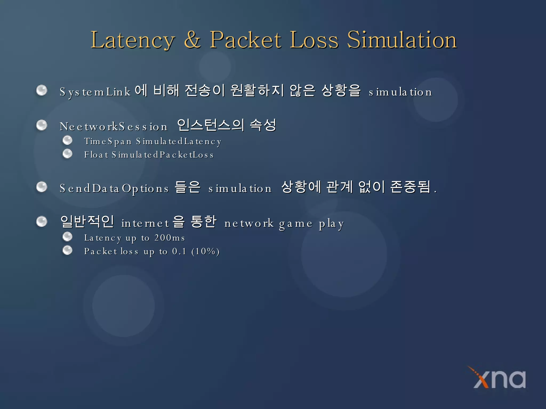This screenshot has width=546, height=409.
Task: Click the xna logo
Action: [499, 378]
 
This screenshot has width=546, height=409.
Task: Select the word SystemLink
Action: [95, 92]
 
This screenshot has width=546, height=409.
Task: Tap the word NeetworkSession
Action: [114, 127]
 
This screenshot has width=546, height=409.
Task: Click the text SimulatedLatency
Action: [179, 141]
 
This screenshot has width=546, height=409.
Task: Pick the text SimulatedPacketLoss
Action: [163, 155]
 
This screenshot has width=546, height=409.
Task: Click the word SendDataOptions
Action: [114, 189]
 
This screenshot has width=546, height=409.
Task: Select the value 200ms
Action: [170, 238]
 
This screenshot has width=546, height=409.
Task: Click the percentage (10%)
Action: [205, 251]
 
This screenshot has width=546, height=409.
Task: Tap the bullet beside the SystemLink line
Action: [42, 90]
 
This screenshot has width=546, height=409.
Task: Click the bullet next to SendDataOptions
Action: [42, 187]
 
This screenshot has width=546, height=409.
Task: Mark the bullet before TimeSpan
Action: [67, 140]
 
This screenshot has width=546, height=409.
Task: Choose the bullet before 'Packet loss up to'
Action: [67, 250]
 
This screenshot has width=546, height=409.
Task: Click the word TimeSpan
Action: [108, 141]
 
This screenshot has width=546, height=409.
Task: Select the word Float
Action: [96, 155]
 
